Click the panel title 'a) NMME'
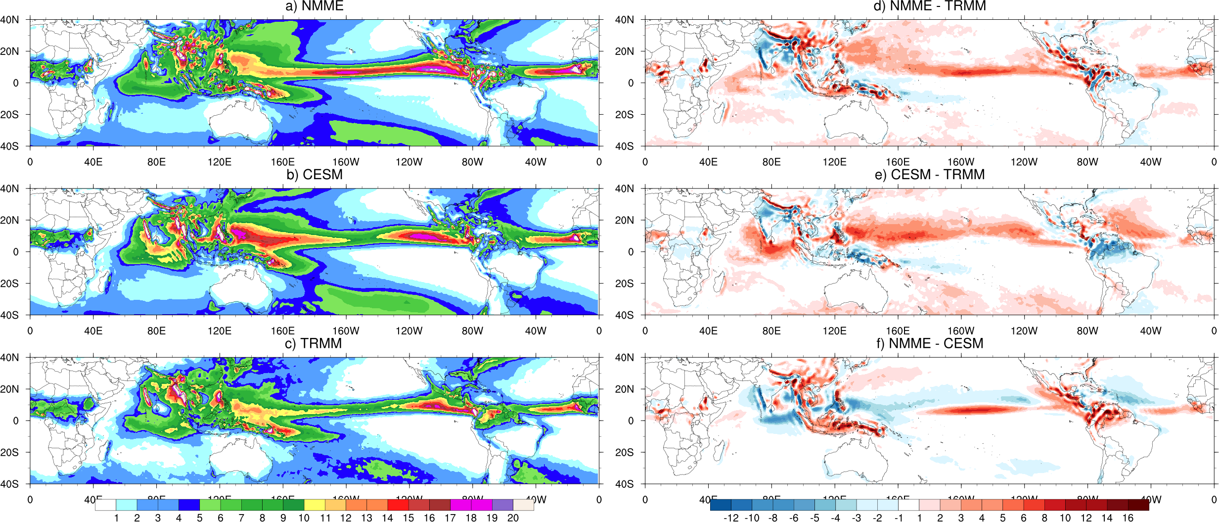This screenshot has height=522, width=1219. [315, 6]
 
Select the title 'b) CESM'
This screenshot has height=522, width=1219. [315, 175]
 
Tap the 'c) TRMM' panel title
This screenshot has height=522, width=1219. [314, 343]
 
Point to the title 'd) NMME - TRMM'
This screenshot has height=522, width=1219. [929, 6]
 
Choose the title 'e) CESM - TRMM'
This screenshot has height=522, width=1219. [929, 175]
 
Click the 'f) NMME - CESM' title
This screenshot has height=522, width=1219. [929, 343]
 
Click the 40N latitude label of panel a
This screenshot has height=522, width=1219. [10, 20]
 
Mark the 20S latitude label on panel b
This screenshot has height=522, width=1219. [10, 284]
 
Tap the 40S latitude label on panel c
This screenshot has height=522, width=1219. [10, 484]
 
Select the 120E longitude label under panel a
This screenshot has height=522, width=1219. [220, 162]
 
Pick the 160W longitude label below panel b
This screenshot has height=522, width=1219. [346, 331]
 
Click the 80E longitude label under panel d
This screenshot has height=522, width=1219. [771, 162]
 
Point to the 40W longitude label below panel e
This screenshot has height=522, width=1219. [1150, 331]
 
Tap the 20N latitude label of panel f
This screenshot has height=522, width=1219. [624, 389]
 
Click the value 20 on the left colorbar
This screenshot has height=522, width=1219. [513, 518]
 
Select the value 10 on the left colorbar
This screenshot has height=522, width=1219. [304, 518]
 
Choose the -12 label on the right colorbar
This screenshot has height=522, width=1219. [731, 518]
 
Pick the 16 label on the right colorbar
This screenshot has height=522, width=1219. [1128, 518]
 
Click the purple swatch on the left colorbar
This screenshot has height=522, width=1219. [502, 505]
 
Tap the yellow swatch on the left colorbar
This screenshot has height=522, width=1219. [315, 505]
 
